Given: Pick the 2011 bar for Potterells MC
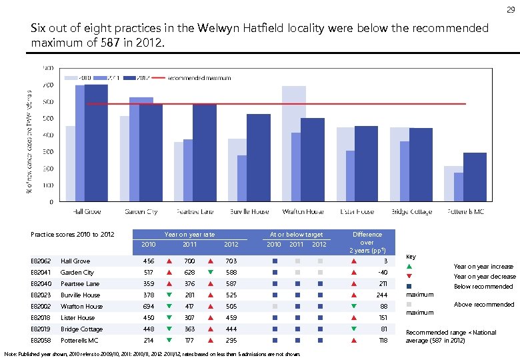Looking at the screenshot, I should coord(459,187).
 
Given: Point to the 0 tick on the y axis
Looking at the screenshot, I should coord(51,201).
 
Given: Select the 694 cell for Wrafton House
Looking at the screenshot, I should coord(148,307).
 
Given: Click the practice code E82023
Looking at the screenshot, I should coord(41,295).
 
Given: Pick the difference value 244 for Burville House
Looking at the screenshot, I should coord(381,295).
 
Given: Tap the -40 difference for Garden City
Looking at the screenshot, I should coord(381,273).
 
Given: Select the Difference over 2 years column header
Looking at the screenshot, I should coord(367,242).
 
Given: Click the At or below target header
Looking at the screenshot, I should coord(296,235).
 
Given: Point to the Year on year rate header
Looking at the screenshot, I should coord(189,235).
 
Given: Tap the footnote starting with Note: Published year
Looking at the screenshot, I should coord(152,353).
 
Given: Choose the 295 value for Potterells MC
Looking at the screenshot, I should coord(231,341).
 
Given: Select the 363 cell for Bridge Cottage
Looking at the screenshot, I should coord(189,329).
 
